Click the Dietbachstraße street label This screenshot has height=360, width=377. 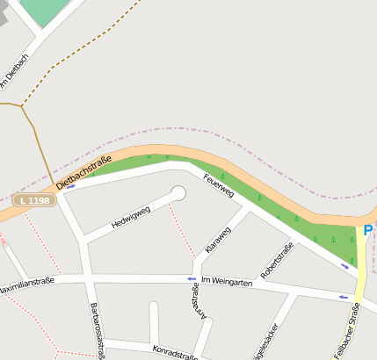click(83, 172)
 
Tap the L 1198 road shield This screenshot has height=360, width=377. click(34, 201)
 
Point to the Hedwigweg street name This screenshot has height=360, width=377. click(131, 217)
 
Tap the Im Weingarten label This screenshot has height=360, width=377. click(228, 281)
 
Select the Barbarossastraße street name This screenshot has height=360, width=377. click(98, 330)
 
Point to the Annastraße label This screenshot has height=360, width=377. click(195, 317)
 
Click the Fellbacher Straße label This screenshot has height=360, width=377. click(347, 329)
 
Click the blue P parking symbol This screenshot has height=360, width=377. click(367, 231)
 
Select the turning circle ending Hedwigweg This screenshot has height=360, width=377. click(178, 192)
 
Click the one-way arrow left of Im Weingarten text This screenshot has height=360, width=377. click(191, 280)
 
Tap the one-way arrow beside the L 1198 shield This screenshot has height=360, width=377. click(69, 186)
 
